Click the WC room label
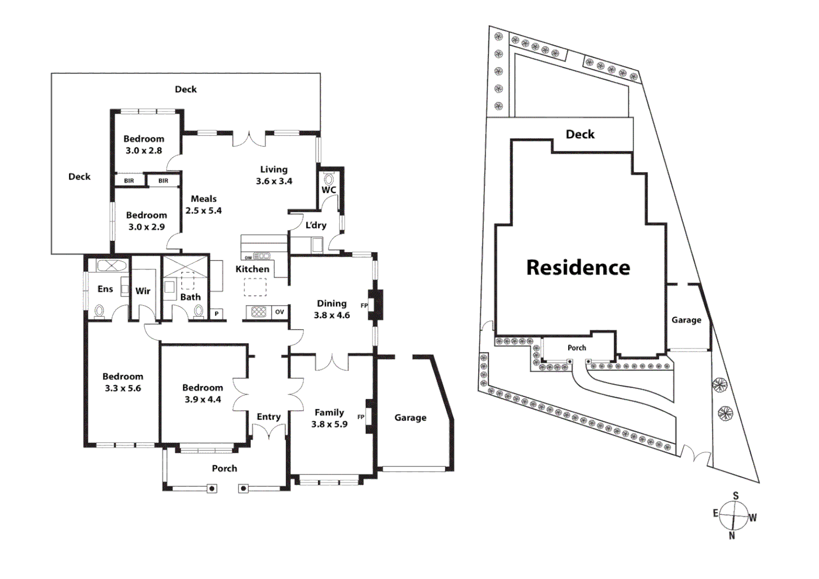point(329,190)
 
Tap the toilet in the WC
point(329,178)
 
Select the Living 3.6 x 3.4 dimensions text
point(274,181)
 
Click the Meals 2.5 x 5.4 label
point(204,205)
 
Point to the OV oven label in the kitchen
point(279,312)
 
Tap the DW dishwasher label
point(248,258)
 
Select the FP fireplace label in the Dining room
point(364,306)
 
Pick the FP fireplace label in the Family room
point(361,417)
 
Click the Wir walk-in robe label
point(143,291)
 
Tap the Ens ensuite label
point(105,289)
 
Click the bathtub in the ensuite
point(111,266)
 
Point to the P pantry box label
point(217,314)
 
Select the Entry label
point(269,417)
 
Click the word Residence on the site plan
point(578,268)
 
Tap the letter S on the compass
point(735,496)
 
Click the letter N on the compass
point(732,535)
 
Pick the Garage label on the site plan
point(686,320)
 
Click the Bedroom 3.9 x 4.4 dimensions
point(203,399)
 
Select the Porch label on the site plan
point(577,348)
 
